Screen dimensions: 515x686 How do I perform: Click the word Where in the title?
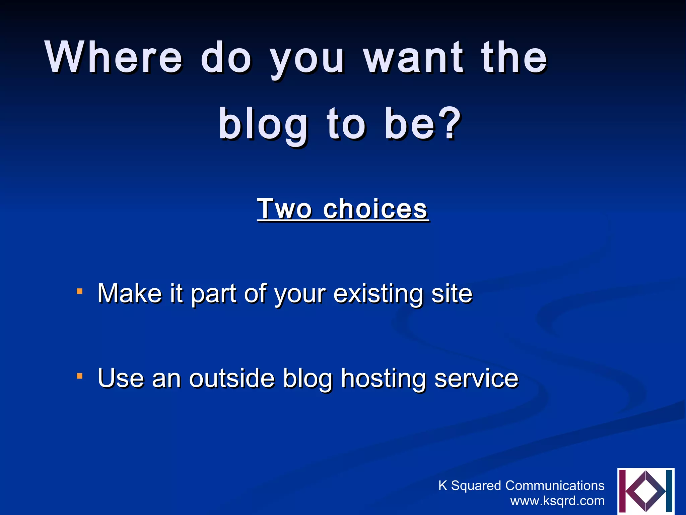114,57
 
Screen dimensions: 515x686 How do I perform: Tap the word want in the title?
414,57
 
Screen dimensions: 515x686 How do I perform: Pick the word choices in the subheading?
375,209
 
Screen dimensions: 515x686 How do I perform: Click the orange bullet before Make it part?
79,291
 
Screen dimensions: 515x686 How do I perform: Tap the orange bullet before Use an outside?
79,376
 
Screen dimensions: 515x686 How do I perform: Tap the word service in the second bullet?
476,378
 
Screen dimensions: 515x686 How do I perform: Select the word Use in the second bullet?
121,378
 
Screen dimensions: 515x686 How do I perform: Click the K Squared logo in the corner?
645,491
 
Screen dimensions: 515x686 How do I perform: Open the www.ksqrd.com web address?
557,501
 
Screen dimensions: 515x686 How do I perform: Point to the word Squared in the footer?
476,486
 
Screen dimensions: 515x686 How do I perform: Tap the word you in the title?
307,59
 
